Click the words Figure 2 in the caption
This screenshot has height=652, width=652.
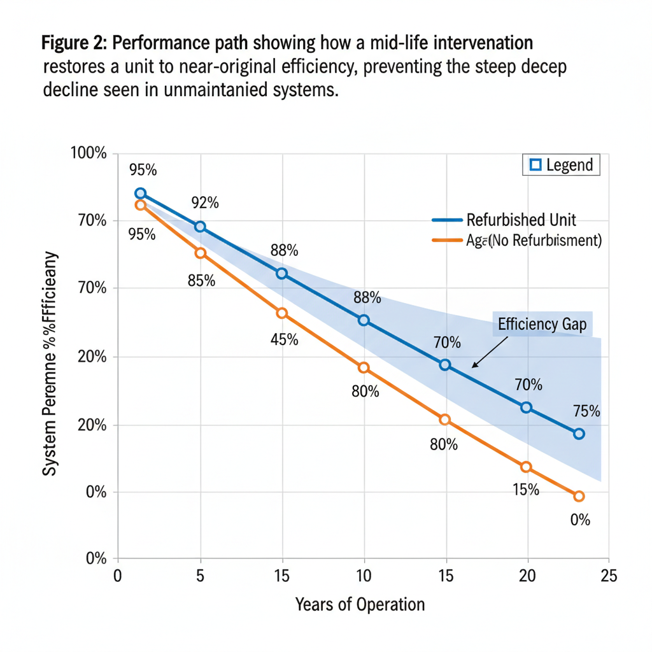click(x=74, y=44)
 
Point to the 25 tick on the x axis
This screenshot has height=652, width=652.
click(x=609, y=576)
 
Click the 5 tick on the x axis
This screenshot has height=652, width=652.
click(x=200, y=576)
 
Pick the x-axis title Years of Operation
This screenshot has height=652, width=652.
click(x=360, y=604)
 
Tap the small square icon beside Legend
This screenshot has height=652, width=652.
click(x=535, y=166)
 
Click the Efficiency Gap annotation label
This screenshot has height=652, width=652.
click(x=542, y=323)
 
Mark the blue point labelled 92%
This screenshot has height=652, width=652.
click(x=200, y=227)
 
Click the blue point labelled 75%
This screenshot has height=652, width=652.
click(x=579, y=434)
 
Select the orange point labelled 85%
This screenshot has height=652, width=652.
click(x=200, y=253)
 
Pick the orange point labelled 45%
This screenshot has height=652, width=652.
click(x=281, y=313)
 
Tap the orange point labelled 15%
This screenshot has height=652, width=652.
click(x=526, y=467)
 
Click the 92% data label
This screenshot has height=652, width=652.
click(x=205, y=203)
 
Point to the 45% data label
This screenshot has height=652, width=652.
click(x=284, y=339)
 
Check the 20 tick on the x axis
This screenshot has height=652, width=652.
click(x=526, y=576)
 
